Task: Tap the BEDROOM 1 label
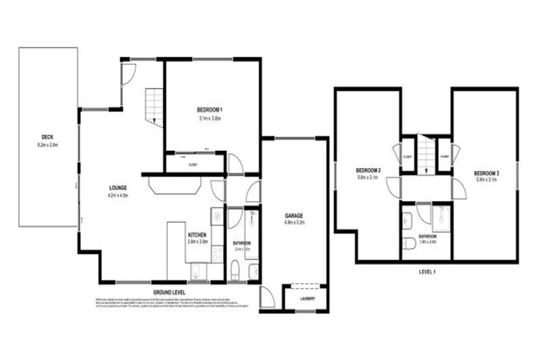point(210,110)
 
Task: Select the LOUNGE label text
point(117,188)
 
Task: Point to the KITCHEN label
point(197,235)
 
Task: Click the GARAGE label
point(293,215)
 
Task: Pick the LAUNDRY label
point(306,298)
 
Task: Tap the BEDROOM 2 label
point(368,170)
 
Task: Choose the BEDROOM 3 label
point(486,173)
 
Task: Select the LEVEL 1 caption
point(425,271)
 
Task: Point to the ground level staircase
point(154,107)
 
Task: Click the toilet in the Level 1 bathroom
point(409,244)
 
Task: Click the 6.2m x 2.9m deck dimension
point(48,145)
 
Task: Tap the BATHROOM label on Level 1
point(427,236)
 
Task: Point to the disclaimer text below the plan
point(169,303)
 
